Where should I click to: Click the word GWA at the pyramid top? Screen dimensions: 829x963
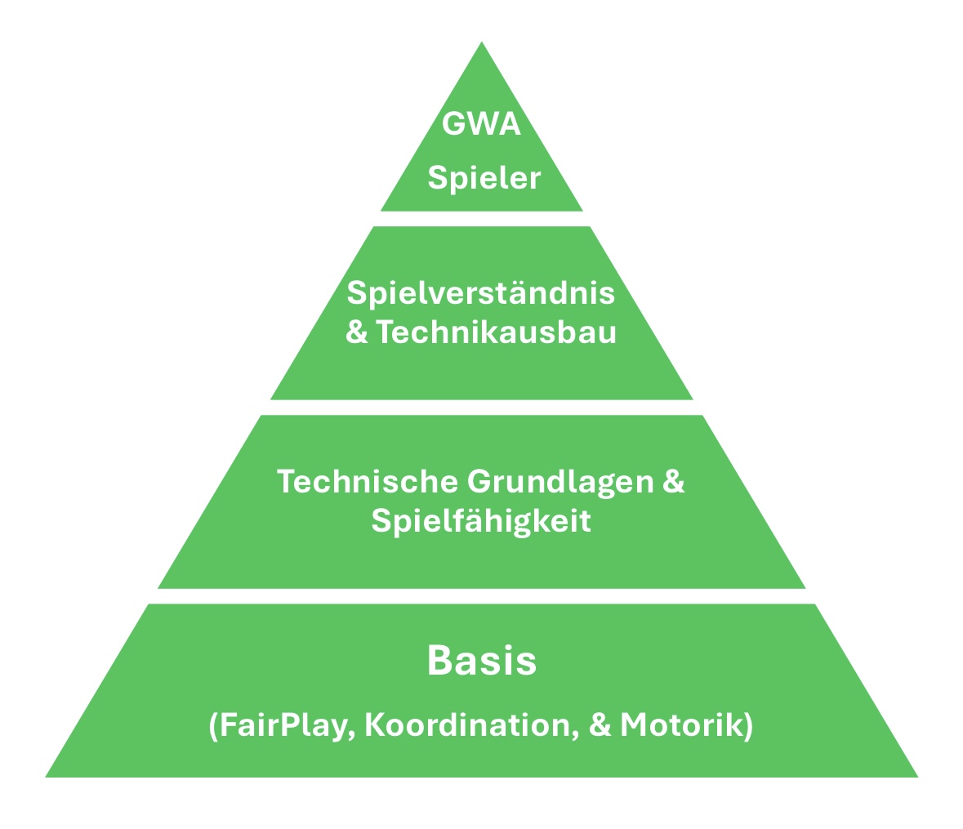click(x=481, y=125)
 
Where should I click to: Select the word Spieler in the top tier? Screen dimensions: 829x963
click(x=484, y=177)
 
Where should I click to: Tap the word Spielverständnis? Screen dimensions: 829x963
click(x=481, y=292)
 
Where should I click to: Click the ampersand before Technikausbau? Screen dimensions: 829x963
click(x=357, y=333)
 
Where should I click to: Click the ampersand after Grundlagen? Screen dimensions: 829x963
click(x=673, y=481)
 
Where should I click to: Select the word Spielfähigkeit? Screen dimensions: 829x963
click(x=481, y=521)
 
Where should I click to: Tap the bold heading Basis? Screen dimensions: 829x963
click(x=481, y=661)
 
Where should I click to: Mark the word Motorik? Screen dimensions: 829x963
click(x=681, y=725)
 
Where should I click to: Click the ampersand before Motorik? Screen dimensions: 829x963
click(x=600, y=725)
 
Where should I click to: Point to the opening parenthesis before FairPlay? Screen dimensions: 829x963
click(x=214, y=726)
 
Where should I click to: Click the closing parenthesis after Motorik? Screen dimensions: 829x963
click(x=748, y=726)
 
